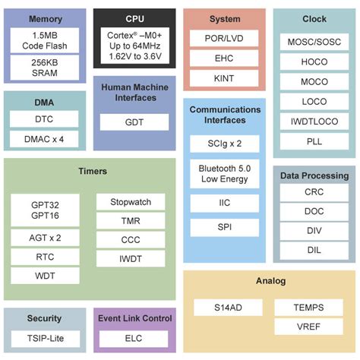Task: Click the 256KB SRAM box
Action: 45,67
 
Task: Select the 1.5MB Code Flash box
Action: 45,41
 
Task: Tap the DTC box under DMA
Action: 45,118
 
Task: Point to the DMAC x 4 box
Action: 45,138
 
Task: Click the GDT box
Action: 134,122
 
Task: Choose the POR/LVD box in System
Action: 224,38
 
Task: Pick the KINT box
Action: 224,78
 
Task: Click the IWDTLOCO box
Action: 314,121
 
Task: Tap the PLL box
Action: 314,141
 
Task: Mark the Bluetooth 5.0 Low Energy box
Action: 224,173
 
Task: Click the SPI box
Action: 224,228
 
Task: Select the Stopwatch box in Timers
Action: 131,202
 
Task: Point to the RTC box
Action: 45,257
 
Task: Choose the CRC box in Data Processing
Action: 314,192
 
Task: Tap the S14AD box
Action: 228,307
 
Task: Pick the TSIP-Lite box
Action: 45,339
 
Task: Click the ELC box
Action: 134,339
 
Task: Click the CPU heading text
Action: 134,18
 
